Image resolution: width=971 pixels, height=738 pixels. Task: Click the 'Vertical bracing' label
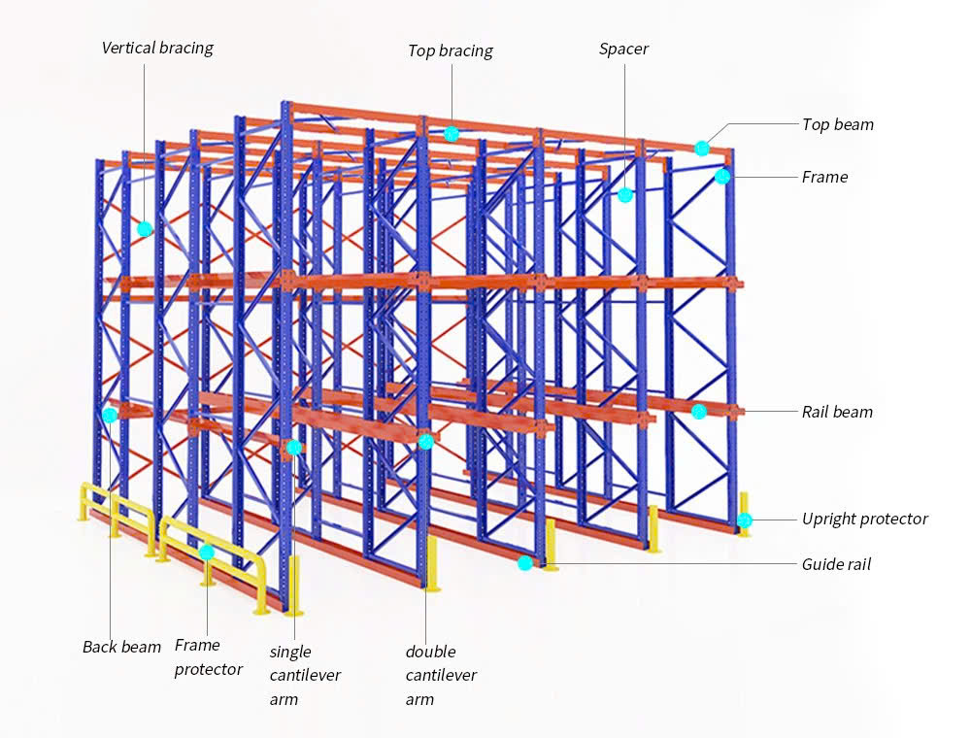click(157, 48)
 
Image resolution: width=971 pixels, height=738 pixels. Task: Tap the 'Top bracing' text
click(450, 51)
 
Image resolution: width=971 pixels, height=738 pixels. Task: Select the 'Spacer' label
click(623, 49)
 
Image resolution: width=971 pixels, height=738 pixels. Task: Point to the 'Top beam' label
click(837, 124)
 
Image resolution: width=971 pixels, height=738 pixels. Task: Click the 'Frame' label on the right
click(824, 177)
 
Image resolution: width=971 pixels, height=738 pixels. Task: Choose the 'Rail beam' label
click(837, 412)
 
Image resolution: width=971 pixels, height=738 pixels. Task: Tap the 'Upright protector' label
click(864, 519)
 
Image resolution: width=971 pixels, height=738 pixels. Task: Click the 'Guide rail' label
click(836, 564)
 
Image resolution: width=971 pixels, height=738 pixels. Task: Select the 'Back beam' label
click(121, 647)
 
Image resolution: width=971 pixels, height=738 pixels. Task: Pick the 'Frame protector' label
click(208, 657)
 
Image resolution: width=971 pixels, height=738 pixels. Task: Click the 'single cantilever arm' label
click(304, 675)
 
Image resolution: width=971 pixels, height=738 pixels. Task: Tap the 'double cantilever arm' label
click(440, 675)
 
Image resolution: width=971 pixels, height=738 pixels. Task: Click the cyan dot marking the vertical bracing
click(145, 229)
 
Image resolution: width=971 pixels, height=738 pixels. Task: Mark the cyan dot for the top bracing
click(452, 134)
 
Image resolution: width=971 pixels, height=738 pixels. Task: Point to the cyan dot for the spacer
click(625, 195)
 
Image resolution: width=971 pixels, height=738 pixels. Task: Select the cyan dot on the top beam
click(702, 149)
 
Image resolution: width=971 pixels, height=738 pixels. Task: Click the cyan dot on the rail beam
click(699, 412)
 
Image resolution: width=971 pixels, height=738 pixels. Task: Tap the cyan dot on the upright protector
click(744, 520)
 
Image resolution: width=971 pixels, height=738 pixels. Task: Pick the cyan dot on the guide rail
click(525, 563)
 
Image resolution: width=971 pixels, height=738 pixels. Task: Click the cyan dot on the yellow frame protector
click(207, 553)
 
